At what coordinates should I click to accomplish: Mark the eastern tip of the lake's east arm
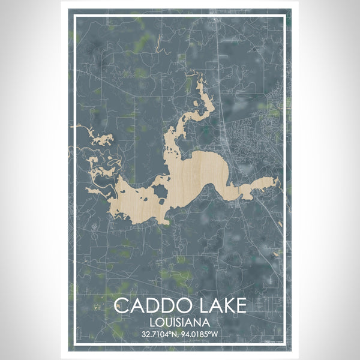(x=278, y=180)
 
